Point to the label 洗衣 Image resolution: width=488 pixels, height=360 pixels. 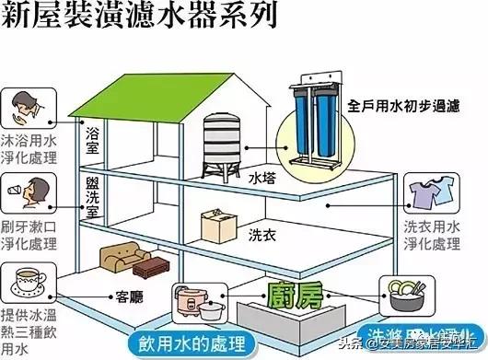click(x=261, y=236)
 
